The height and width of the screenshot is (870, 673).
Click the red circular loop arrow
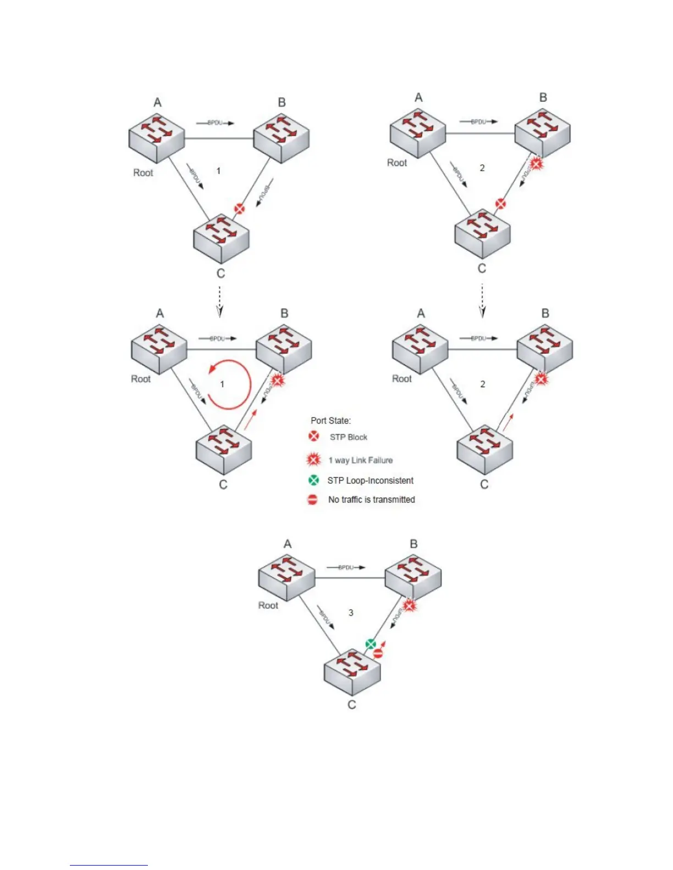coord(230,384)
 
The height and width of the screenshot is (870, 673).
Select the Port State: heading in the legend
coord(330,421)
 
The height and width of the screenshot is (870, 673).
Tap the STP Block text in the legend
coord(349,437)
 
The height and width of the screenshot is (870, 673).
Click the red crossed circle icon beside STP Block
coord(313,437)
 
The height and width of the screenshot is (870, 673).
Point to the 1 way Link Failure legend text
coord(361,460)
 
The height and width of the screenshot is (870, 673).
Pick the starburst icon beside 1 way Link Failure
coord(313,460)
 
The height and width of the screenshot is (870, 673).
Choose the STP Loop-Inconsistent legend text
coord(370,481)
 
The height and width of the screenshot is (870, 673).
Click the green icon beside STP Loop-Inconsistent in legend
coord(313,480)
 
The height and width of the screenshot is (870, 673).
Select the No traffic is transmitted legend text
coord(371,500)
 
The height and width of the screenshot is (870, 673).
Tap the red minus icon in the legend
coord(313,500)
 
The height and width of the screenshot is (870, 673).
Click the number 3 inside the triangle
coord(351,613)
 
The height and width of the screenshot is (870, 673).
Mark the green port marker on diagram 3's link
coord(371,644)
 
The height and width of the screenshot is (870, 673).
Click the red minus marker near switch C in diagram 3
coord(378,654)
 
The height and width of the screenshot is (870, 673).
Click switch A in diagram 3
coord(286,578)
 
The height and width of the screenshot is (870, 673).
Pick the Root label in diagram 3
coord(268,605)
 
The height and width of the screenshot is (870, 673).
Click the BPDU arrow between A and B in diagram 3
coord(346,567)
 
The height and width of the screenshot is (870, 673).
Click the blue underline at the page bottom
coord(109,866)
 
